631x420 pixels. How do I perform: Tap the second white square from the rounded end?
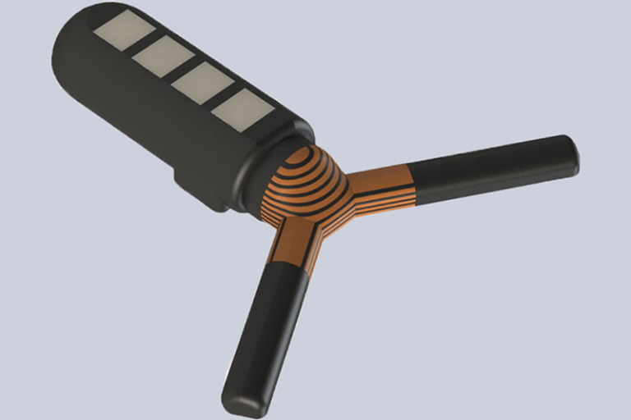click(x=161, y=56)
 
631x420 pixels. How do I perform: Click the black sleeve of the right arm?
click(x=493, y=168)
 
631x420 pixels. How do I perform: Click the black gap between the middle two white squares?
click(x=181, y=69)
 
